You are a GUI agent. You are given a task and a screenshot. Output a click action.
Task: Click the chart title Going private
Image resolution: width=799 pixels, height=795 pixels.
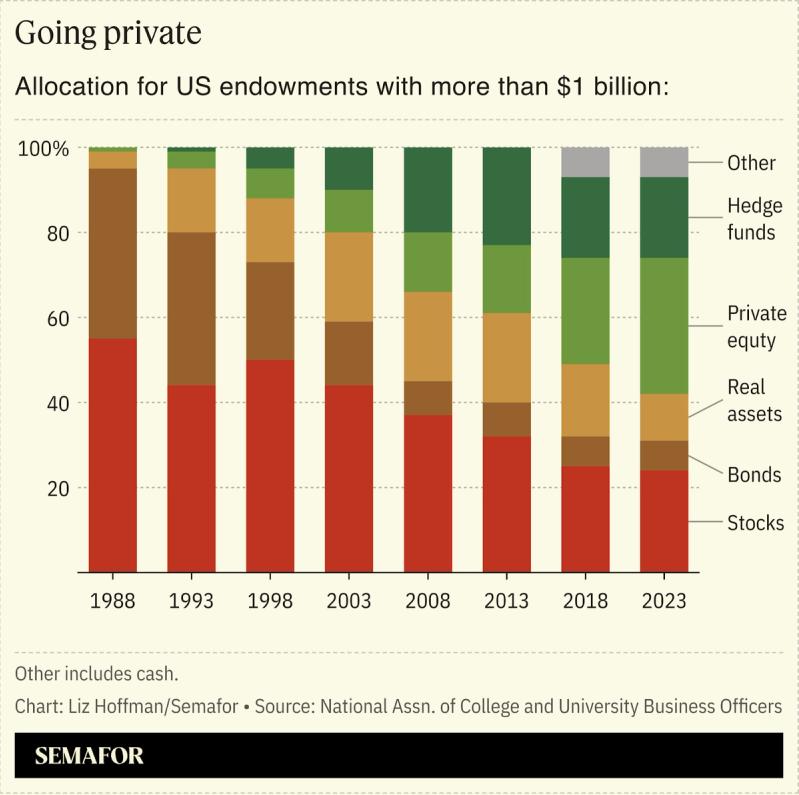tap(108, 33)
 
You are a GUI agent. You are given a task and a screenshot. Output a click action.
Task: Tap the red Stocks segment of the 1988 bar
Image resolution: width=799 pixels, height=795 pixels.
tap(113, 455)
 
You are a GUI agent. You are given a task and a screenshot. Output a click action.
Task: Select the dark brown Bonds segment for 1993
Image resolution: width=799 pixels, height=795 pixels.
tap(191, 309)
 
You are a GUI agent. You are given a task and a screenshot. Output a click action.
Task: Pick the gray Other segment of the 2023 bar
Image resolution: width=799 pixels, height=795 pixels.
tap(664, 162)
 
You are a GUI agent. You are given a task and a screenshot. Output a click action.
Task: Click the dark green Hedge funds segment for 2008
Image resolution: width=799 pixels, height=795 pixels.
tap(428, 190)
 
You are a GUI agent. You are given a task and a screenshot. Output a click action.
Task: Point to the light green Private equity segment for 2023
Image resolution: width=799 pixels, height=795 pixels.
tap(664, 326)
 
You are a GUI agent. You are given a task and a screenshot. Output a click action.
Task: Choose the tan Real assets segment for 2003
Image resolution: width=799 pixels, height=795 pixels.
tap(349, 277)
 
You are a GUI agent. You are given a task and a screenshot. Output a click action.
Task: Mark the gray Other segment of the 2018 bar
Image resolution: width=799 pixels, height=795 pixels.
tap(585, 162)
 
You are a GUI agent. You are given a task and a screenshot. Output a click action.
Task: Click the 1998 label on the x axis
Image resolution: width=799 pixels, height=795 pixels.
tap(270, 601)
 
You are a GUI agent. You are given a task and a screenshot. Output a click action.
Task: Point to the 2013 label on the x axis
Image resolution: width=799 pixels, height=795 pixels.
tap(506, 601)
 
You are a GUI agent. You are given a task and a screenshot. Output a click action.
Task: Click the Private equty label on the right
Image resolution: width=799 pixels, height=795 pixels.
tap(757, 327)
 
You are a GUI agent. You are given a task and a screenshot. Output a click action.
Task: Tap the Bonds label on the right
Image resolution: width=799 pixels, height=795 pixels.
tap(754, 475)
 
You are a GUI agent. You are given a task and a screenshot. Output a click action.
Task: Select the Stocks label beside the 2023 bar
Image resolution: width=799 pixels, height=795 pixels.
tap(755, 523)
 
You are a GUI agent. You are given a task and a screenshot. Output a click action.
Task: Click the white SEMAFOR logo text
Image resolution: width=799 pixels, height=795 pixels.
tap(89, 756)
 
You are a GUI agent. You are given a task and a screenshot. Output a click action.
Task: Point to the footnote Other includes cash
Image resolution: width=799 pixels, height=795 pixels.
tap(97, 673)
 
